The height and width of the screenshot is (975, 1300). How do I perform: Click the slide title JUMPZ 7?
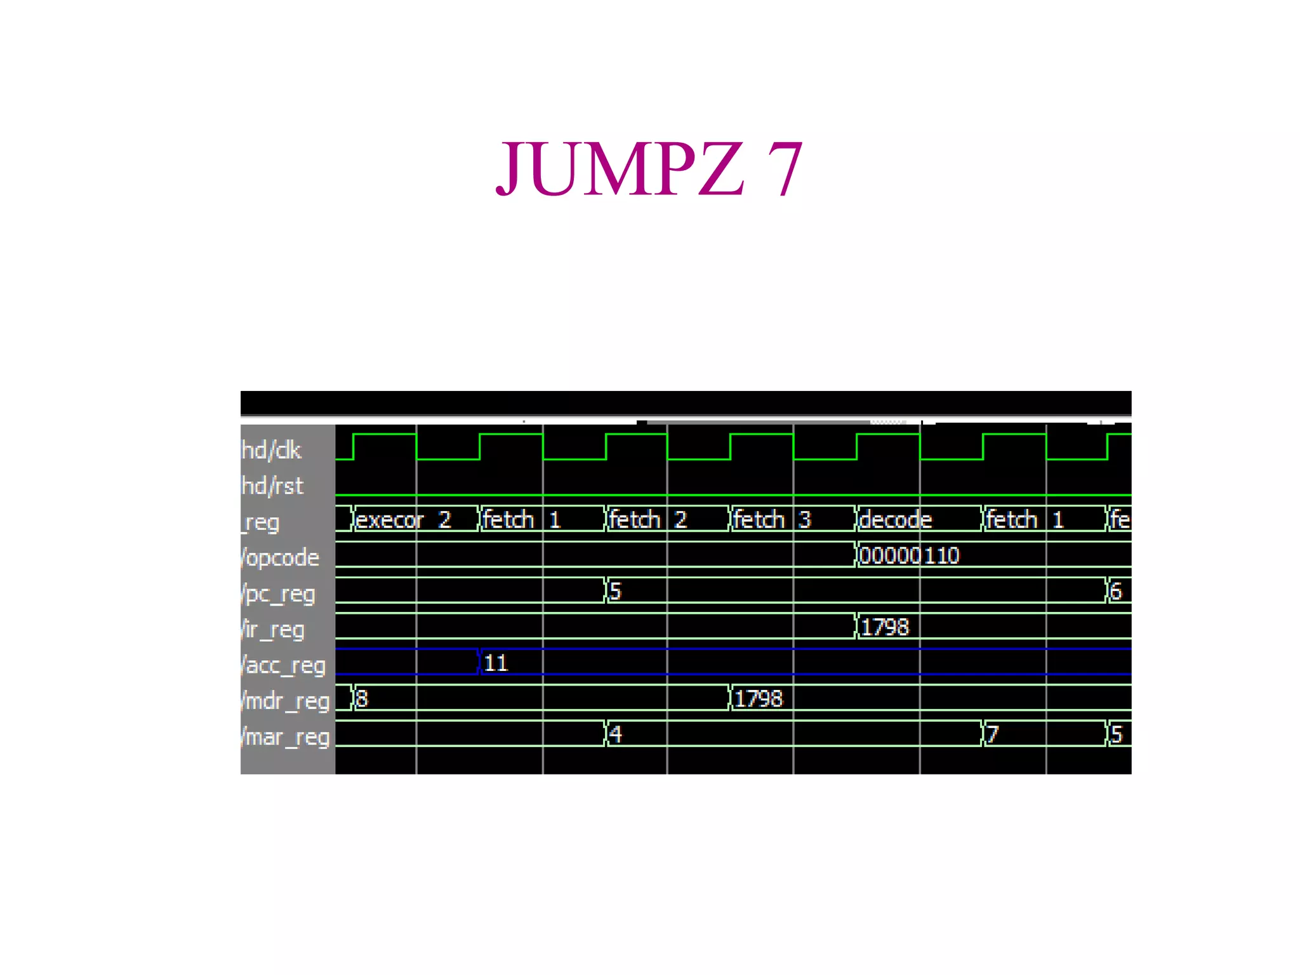pyautogui.click(x=649, y=169)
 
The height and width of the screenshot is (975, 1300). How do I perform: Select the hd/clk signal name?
pyautogui.click(x=272, y=450)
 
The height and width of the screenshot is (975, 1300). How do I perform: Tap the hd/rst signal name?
pyautogui.click(x=273, y=486)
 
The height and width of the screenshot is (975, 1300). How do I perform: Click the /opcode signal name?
pyautogui.click(x=280, y=558)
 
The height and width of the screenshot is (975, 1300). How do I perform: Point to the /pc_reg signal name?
pyautogui.click(x=279, y=594)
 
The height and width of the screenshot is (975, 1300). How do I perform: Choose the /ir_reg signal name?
pyautogui.click(x=274, y=630)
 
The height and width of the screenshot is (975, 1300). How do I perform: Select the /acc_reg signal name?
pyautogui.click(x=284, y=665)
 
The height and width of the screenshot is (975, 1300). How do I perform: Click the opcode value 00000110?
pyautogui.click(x=909, y=556)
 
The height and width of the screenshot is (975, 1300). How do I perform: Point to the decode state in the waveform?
pyautogui.click(x=895, y=520)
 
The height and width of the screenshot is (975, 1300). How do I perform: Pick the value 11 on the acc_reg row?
pyautogui.click(x=496, y=663)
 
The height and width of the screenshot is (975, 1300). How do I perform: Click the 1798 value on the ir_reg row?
pyautogui.click(x=885, y=627)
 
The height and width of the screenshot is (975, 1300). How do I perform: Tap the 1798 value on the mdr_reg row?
pyautogui.click(x=759, y=699)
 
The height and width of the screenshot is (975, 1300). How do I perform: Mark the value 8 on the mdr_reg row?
pyautogui.click(x=362, y=699)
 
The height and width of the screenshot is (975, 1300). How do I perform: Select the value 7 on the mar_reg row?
pyautogui.click(x=993, y=734)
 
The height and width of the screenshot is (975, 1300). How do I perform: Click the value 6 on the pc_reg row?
pyautogui.click(x=1116, y=592)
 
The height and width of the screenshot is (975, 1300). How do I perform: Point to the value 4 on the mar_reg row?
pyautogui.click(x=615, y=734)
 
